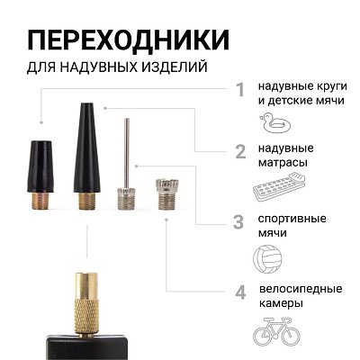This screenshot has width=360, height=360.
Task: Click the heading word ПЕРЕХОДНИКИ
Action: pyautogui.click(x=126, y=40)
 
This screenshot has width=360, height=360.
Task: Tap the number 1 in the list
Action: pyautogui.click(x=239, y=89)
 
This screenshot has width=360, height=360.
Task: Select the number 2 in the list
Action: pyautogui.click(x=239, y=150)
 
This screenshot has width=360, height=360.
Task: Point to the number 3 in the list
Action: pyautogui.click(x=238, y=221)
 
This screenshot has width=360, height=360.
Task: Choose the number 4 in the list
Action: pyautogui.click(x=239, y=292)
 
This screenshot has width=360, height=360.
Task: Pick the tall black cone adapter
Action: pyautogui.click(x=85, y=144)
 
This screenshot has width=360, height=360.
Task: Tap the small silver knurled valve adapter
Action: pyautogui.click(x=165, y=193)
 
